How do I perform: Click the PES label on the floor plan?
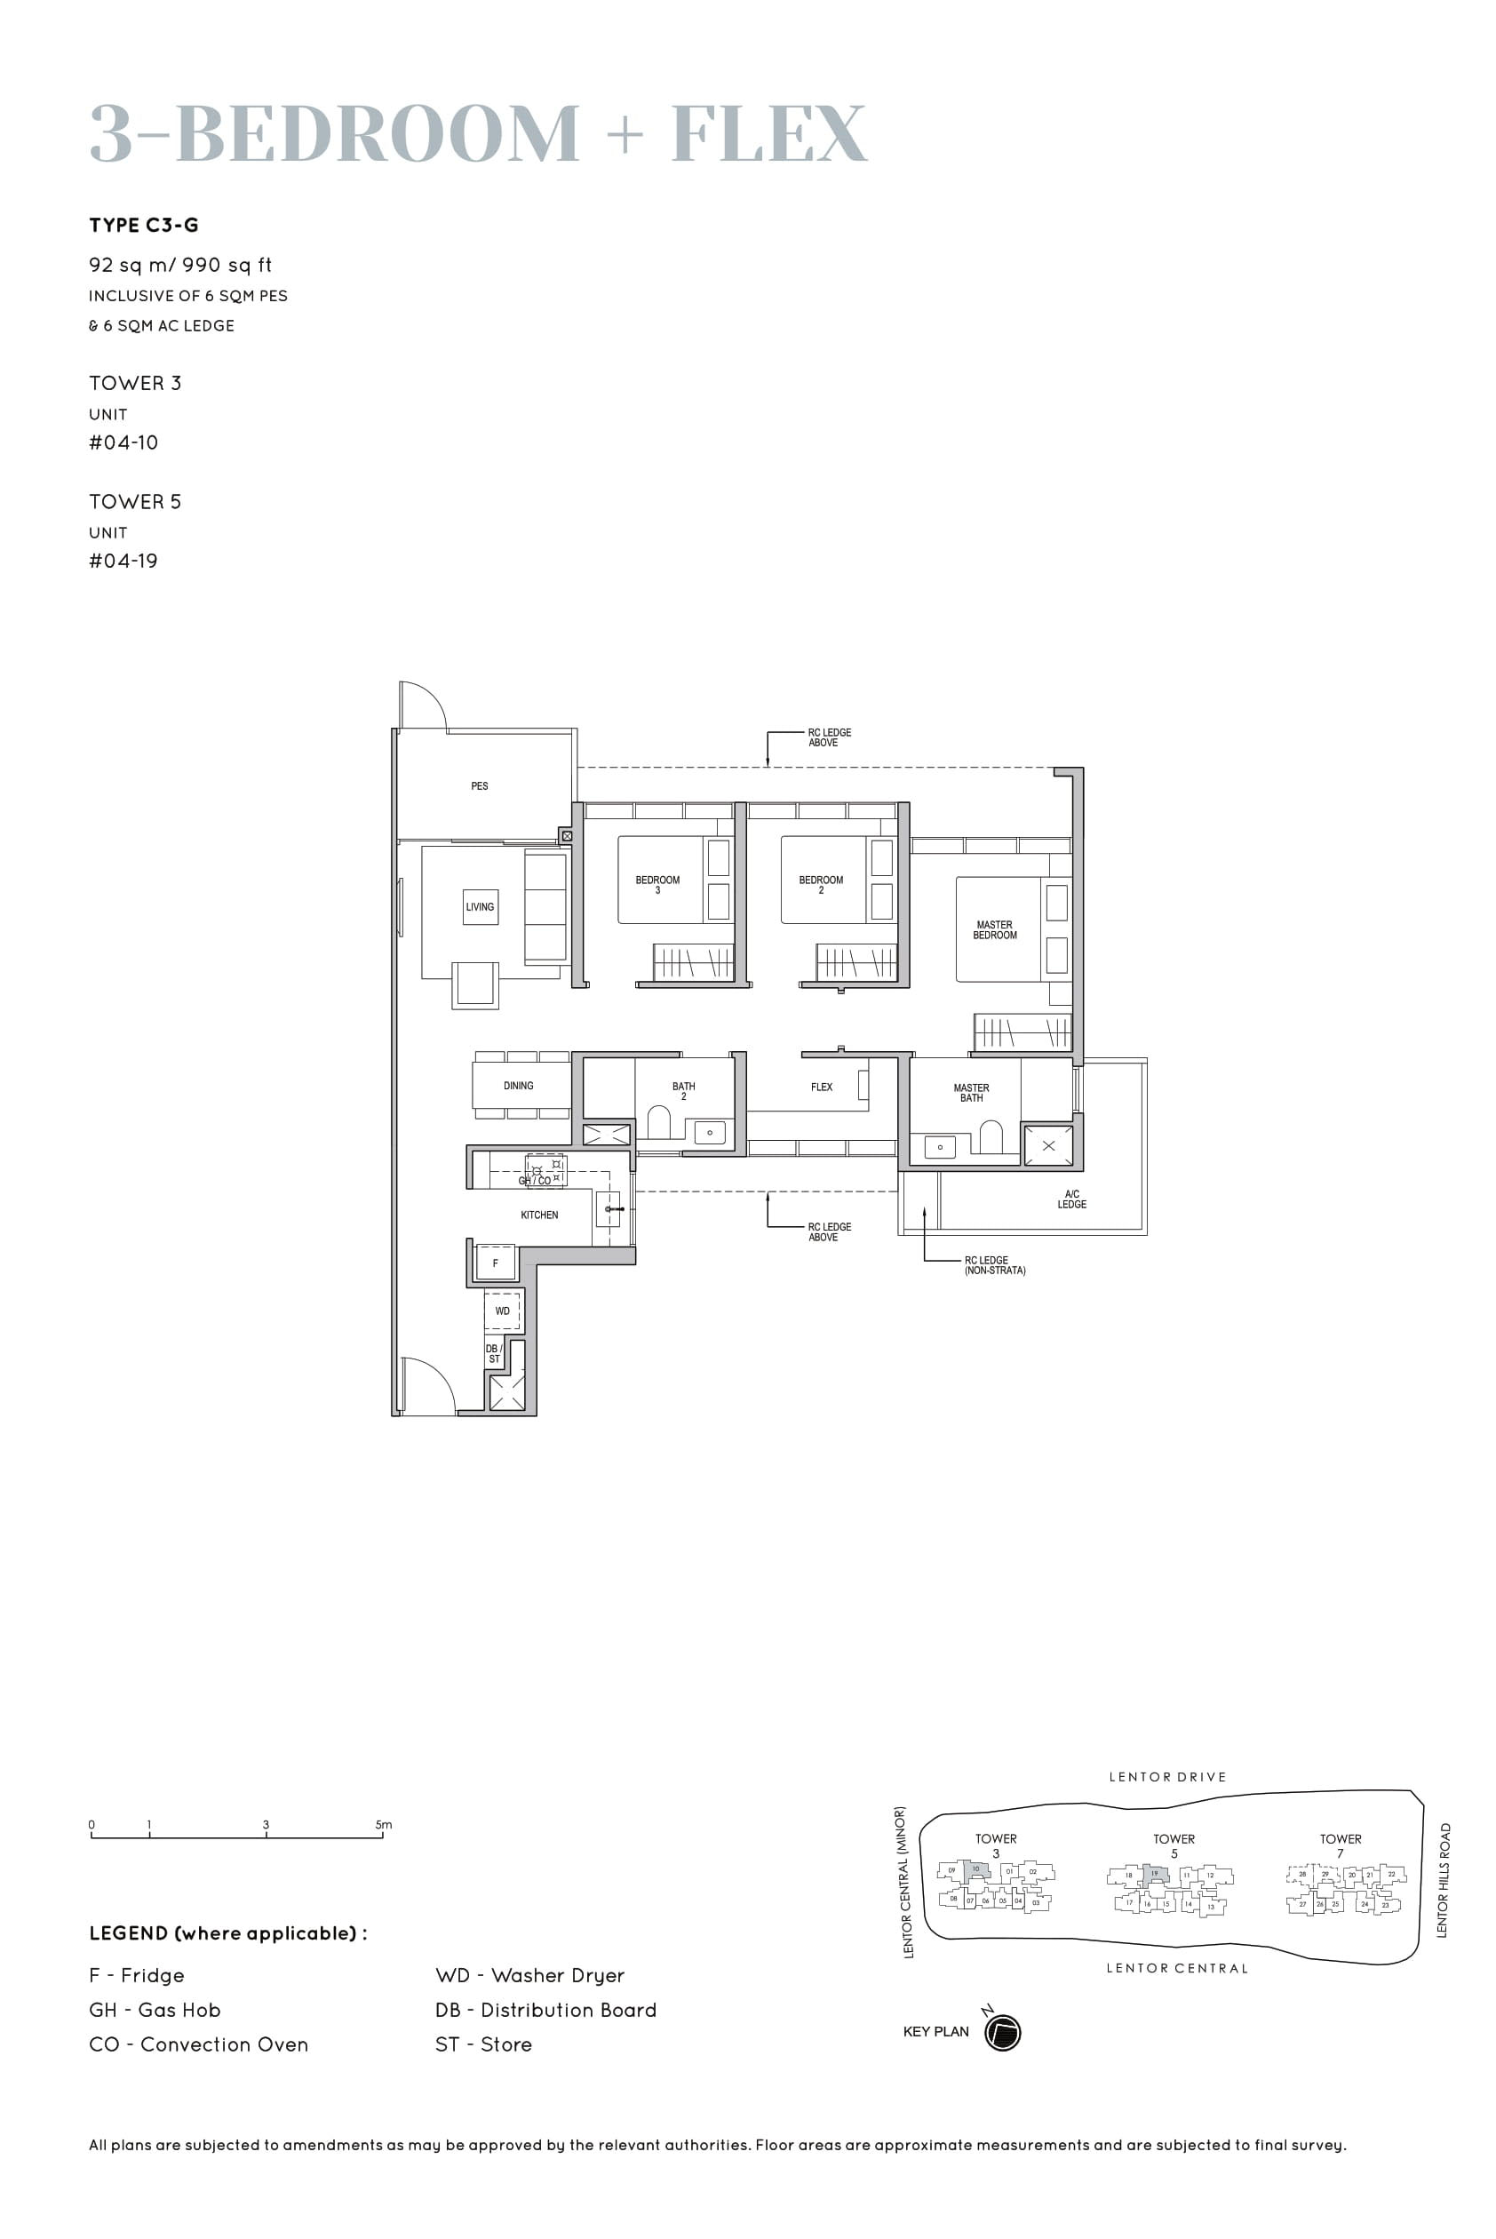(479, 786)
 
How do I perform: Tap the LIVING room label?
(480, 906)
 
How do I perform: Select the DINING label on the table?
(518, 1086)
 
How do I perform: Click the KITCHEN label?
(539, 1215)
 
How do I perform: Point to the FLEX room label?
(822, 1087)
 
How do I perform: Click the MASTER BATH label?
(971, 1092)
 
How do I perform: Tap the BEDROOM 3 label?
(657, 884)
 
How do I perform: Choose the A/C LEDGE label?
(1071, 1199)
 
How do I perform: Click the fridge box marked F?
(495, 1263)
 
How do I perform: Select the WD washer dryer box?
(502, 1311)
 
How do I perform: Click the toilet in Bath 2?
(658, 1122)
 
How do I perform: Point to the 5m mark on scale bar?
(383, 1824)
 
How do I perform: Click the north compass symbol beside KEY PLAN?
(1003, 2033)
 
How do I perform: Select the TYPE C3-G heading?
(144, 225)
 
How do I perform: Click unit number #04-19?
(123, 561)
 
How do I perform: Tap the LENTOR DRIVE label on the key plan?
(1166, 1776)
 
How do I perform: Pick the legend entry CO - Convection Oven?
(198, 2044)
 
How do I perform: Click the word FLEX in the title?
(769, 133)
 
